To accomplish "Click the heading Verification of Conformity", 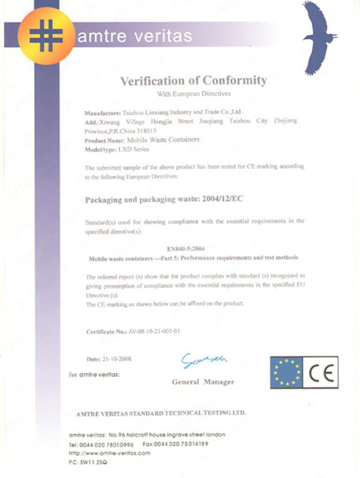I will (x=193, y=80).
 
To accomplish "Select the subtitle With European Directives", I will (x=193, y=95).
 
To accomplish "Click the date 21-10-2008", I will (x=118, y=359).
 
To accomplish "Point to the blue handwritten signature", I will (x=205, y=360).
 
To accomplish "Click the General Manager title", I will (x=203, y=381).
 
